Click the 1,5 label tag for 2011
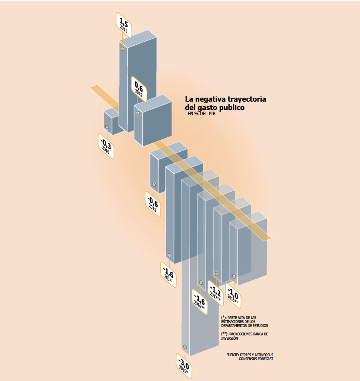pyautogui.click(x=124, y=25)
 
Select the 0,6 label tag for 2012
pyautogui.click(x=139, y=89)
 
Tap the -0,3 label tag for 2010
pyautogui.click(x=106, y=146)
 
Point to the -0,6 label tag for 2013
pyautogui.click(x=153, y=204)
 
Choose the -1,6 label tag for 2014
pyautogui.click(x=168, y=275)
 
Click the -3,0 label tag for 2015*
pyautogui.click(x=184, y=366)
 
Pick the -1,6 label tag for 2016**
pyautogui.click(x=200, y=302)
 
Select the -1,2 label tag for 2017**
pyautogui.click(x=216, y=293)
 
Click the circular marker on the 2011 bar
pyautogui.click(x=123, y=49)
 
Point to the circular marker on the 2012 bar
pyautogui.click(x=138, y=113)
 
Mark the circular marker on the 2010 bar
pyautogui.click(x=107, y=127)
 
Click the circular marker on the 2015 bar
pyautogui.click(x=185, y=347)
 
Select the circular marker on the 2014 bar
pyautogui.click(x=169, y=255)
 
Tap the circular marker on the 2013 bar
pyautogui.click(x=154, y=185)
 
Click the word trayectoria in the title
pyautogui.click(x=247, y=99)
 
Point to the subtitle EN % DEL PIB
pyautogui.click(x=201, y=114)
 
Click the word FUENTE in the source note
pyautogui.click(x=233, y=355)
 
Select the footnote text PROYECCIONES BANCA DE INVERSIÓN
pyautogui.click(x=245, y=336)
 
